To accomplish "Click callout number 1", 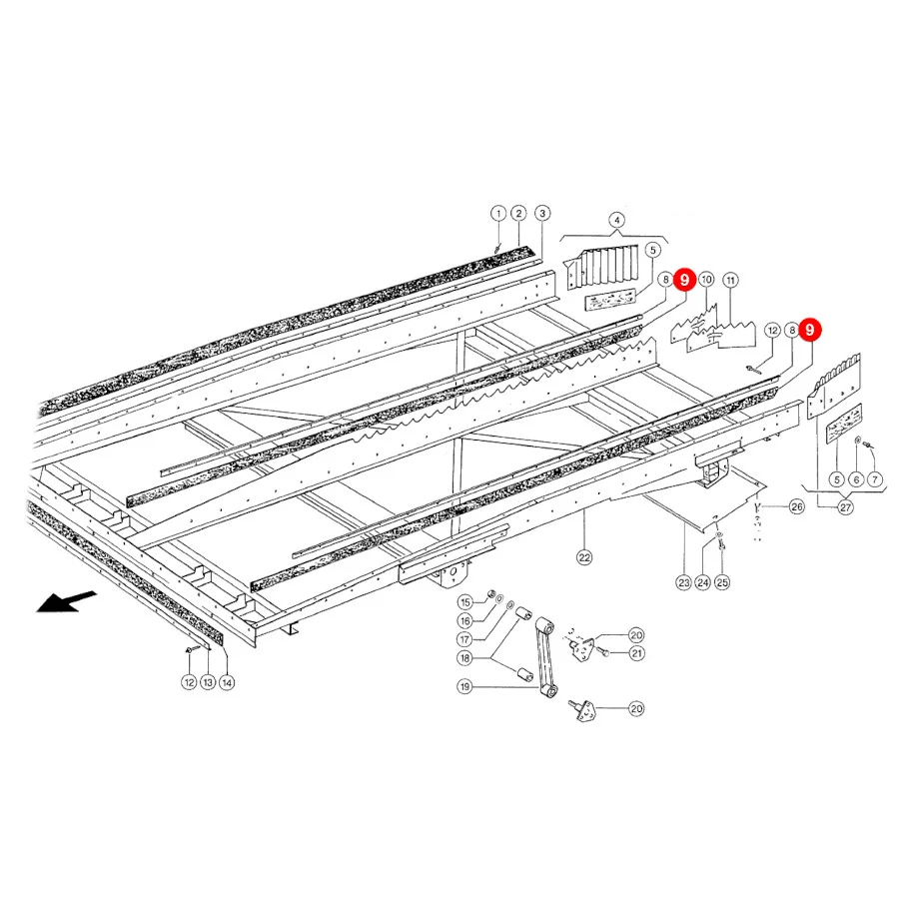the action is click(498, 214).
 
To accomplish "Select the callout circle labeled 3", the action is click(542, 214).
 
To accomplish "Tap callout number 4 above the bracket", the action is click(616, 220).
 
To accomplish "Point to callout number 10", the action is click(706, 280).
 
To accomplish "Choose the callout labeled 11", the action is click(730, 281).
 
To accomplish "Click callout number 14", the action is click(227, 682).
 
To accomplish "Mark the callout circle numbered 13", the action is click(208, 682).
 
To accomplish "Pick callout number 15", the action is click(464, 602).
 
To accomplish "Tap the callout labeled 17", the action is click(464, 639).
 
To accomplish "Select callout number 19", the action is click(464, 686).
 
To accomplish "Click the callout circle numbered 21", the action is click(637, 653).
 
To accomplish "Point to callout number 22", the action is click(584, 557).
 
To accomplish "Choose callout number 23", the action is click(684, 582).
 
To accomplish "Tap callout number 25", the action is click(722, 582).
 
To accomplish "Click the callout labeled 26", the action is click(797, 506).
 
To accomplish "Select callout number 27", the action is click(846, 507).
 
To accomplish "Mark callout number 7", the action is click(875, 479).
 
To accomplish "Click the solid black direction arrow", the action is click(66, 602).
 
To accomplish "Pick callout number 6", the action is click(856, 479).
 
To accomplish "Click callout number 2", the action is click(518, 214).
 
